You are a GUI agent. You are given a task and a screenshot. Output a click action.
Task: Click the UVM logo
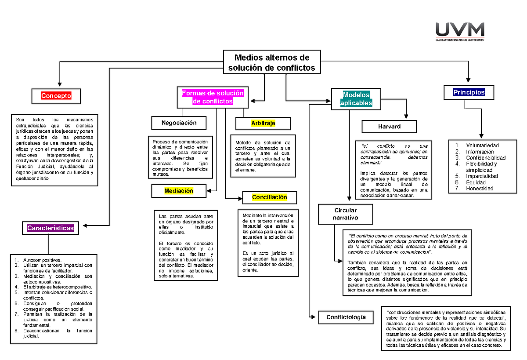tap(460, 32)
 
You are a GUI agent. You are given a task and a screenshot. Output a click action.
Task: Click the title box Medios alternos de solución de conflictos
tap(271, 63)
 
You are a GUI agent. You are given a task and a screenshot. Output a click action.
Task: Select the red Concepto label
tap(56, 96)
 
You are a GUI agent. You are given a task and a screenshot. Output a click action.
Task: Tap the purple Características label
tap(51, 228)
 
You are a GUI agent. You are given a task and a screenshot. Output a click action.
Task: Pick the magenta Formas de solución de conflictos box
tap(213, 97)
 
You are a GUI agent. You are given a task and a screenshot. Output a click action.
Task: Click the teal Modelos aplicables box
tap(356, 99)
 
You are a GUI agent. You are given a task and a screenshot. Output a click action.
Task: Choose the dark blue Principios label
tap(469, 92)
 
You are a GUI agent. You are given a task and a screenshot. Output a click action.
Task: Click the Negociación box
tap(179, 123)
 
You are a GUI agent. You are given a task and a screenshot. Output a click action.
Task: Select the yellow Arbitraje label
tap(263, 124)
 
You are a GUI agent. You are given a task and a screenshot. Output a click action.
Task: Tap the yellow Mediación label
tap(179, 191)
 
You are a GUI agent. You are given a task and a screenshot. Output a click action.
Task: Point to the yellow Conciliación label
tap(269, 197)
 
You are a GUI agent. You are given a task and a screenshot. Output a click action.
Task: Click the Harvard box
tap(389, 127)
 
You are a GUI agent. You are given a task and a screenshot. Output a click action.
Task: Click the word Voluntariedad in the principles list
tap(483, 145)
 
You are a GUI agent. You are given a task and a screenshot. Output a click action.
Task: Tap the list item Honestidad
tap(480, 189)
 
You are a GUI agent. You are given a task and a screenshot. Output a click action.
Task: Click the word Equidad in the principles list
tap(476, 182)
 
